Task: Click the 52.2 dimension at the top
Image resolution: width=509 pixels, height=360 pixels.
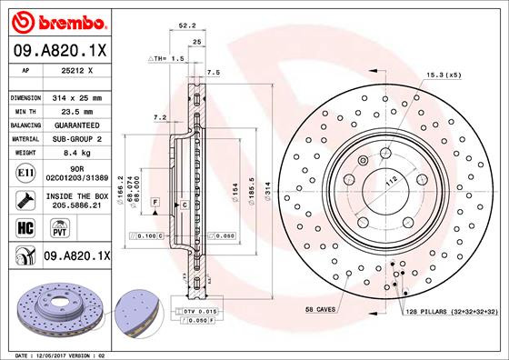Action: tap(188, 27)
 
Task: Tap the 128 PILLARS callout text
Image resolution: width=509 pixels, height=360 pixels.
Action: tap(451, 311)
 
